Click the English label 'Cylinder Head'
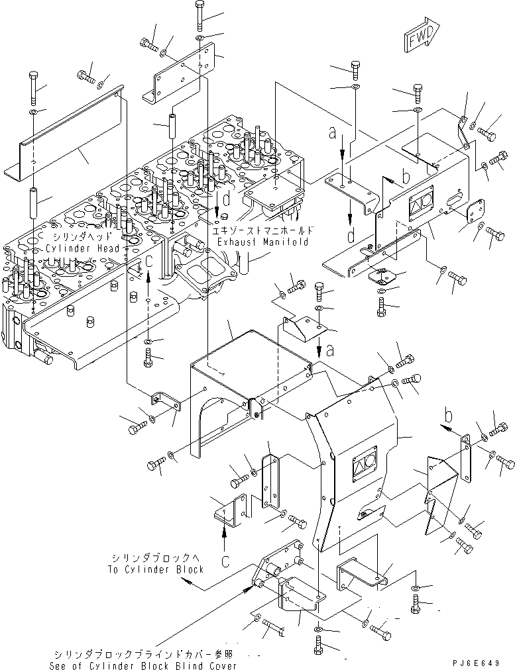coord(83,248)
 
